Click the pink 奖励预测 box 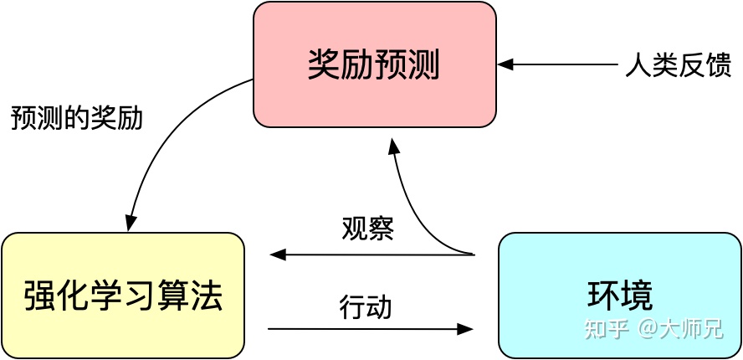coord(374,64)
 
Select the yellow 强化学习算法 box coord(123,295)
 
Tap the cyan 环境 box coord(619,295)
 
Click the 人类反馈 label coord(679,65)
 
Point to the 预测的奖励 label coord(77,117)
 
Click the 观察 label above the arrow coord(367,228)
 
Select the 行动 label coord(366,306)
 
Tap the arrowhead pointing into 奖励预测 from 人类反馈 coord(505,64)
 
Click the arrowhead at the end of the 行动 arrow coord(466,329)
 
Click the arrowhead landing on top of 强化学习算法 coord(131,224)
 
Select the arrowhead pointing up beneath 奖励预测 coord(394,146)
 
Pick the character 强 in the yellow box coord(39,296)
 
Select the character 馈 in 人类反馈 coord(719,65)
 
